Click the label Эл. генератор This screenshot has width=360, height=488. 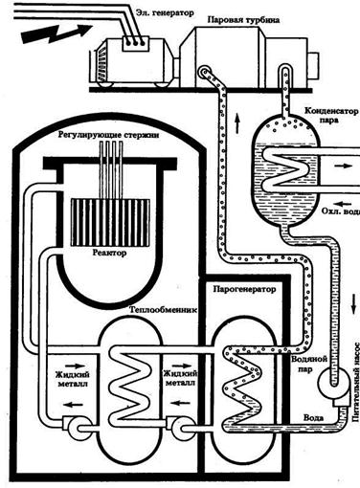(165, 13)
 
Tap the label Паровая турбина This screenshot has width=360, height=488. (243, 20)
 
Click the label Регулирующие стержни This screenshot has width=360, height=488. (108, 135)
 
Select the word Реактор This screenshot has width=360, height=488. (109, 253)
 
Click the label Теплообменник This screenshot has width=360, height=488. (163, 309)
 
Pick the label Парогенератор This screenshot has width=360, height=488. (244, 289)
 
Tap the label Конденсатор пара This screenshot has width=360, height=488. (331, 116)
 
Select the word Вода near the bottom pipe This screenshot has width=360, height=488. (313, 418)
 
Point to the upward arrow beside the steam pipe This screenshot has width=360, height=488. (237, 122)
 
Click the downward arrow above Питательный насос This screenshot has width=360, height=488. (353, 304)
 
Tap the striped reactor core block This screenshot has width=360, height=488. (110, 222)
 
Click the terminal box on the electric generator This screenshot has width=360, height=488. (136, 43)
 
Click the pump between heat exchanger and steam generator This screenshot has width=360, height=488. (181, 427)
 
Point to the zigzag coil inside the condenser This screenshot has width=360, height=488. (286, 169)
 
